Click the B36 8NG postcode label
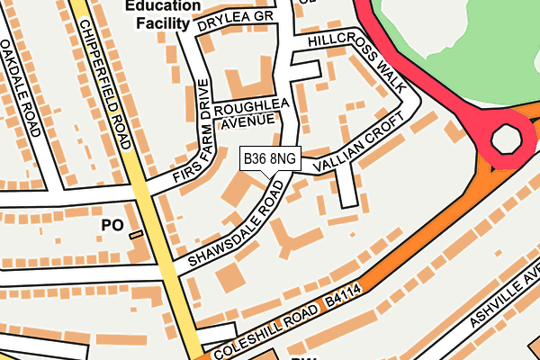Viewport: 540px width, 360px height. pos(270,159)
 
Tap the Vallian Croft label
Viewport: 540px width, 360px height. pos(355,147)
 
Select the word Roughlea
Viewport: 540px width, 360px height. pos(251,106)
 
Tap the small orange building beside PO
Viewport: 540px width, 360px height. pos(136,235)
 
